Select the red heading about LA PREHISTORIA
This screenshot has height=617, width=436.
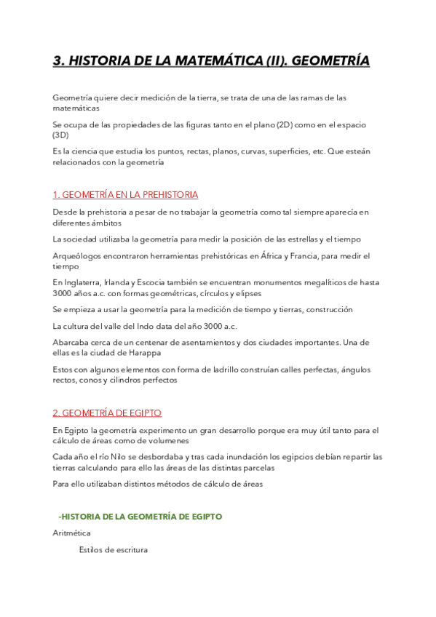(125, 195)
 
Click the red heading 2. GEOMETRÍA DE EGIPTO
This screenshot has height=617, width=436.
(107, 413)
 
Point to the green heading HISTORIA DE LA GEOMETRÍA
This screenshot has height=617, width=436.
(142, 517)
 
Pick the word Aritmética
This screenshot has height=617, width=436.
(71, 533)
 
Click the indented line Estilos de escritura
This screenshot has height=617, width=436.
(113, 550)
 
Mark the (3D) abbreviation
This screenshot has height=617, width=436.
(60, 135)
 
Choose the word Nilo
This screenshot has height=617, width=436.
(111, 457)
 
